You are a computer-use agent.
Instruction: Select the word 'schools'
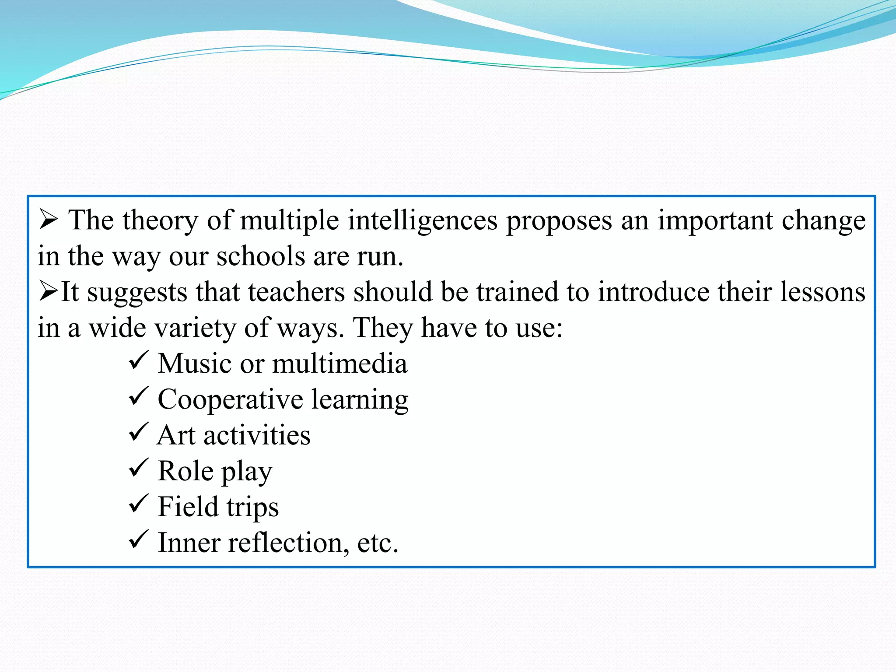(x=261, y=256)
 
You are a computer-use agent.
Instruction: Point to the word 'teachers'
(x=296, y=292)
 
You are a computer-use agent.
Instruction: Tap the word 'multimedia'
(x=339, y=364)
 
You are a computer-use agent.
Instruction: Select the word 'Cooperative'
(x=230, y=399)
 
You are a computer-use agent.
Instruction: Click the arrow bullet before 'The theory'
(x=48, y=219)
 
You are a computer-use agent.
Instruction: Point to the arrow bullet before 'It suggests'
(x=48, y=291)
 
